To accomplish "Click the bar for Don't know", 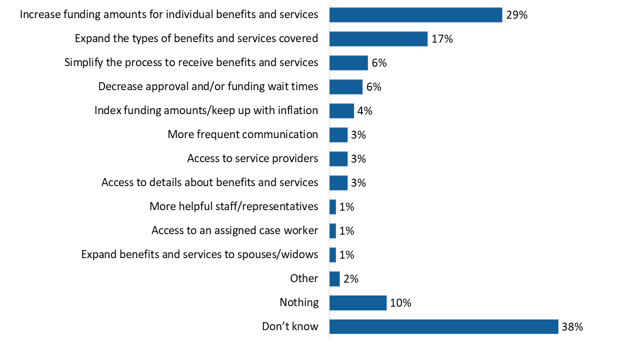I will tap(444, 327).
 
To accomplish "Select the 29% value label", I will tap(517, 15).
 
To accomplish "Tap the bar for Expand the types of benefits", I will tap(378, 39).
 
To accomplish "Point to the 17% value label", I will tap(442, 39).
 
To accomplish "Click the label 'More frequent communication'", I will tap(243, 134).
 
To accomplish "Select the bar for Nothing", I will tap(358, 303).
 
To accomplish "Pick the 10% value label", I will tap(401, 303).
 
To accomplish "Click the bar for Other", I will tap(334, 279).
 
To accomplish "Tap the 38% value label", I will tap(572, 327).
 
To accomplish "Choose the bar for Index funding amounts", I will tap(341, 111).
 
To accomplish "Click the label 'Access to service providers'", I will tap(253, 158).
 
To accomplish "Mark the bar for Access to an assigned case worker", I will tap(333, 231).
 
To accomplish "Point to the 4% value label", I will tap(365, 111).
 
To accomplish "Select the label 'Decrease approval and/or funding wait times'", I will tap(208, 86).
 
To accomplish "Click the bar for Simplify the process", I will tap(348, 63).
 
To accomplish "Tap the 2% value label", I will tap(350, 279).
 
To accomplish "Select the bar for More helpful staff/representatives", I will tap(333, 207).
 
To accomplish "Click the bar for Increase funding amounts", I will tap(415, 15).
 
